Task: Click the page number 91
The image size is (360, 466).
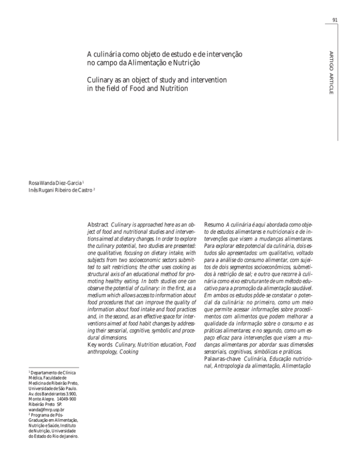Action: pyautogui.click(x=335, y=20)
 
